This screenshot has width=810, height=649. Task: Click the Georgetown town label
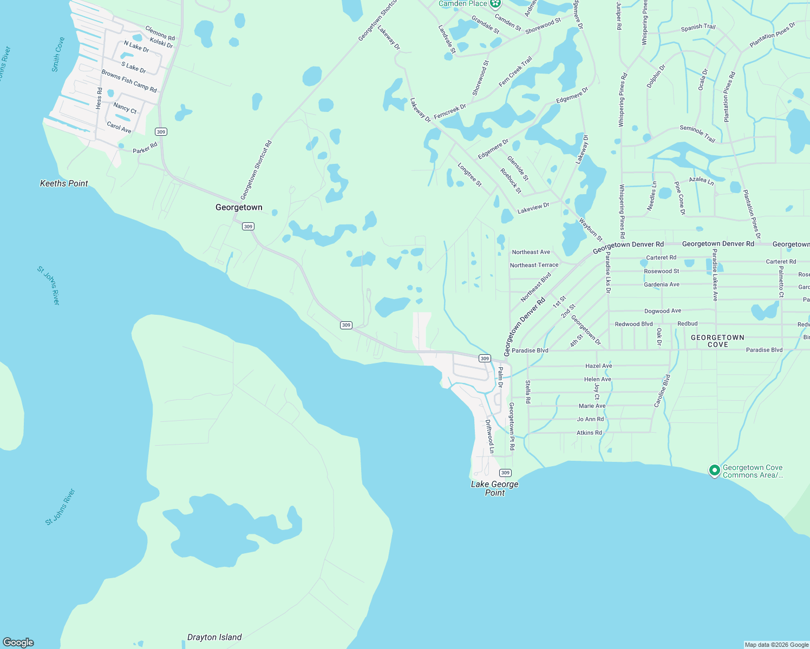click(239, 207)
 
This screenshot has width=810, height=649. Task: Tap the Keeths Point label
click(64, 183)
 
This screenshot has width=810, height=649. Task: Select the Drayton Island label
click(214, 637)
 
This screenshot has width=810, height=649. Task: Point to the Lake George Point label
click(494, 488)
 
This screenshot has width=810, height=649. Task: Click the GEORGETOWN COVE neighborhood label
click(717, 341)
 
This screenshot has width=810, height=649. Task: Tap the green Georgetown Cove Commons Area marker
click(714, 471)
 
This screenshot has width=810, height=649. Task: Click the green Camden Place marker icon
click(495, 4)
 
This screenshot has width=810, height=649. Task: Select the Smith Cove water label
click(58, 55)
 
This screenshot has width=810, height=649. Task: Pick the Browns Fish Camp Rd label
click(129, 81)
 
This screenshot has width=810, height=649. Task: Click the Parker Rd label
click(145, 147)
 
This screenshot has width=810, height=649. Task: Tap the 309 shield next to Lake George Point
click(505, 473)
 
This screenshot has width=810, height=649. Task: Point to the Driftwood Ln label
click(489, 436)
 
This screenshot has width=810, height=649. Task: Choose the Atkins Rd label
click(589, 433)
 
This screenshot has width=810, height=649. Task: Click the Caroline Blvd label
click(662, 390)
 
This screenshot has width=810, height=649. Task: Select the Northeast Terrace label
click(534, 265)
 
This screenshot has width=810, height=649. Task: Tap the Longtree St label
click(469, 175)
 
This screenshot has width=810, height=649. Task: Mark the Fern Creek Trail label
click(515, 71)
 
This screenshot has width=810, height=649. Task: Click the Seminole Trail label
click(697, 134)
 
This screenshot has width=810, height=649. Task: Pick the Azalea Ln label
click(701, 180)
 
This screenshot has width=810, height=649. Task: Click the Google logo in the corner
click(18, 643)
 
